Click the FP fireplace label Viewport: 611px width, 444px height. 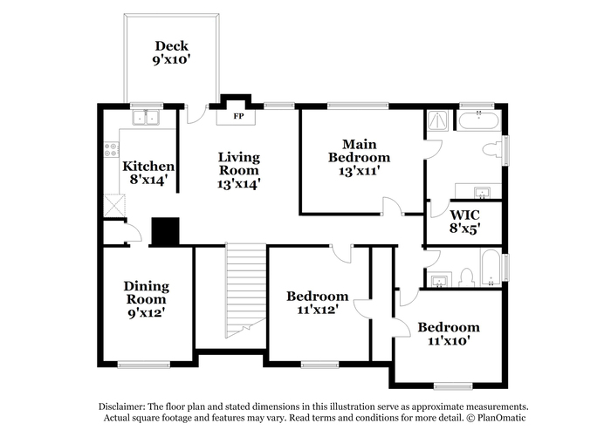(x=238, y=116)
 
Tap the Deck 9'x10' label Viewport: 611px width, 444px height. (x=171, y=52)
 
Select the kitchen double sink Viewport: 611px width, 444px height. (x=146, y=118)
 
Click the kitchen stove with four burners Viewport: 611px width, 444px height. (x=112, y=149)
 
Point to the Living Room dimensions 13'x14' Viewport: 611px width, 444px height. (x=238, y=183)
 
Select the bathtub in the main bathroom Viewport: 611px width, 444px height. (x=479, y=120)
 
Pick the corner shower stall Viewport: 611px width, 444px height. (x=438, y=120)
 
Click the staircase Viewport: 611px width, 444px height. (x=246, y=291)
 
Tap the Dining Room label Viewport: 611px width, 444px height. (x=147, y=299)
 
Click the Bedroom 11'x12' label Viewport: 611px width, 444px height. (x=317, y=302)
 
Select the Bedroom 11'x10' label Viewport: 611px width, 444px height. (x=449, y=333)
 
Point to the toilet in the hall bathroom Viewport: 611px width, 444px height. (x=466, y=277)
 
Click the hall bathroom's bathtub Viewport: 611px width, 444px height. (x=491, y=269)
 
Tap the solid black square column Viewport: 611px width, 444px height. (x=165, y=231)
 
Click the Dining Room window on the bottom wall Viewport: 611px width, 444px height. (x=144, y=365)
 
